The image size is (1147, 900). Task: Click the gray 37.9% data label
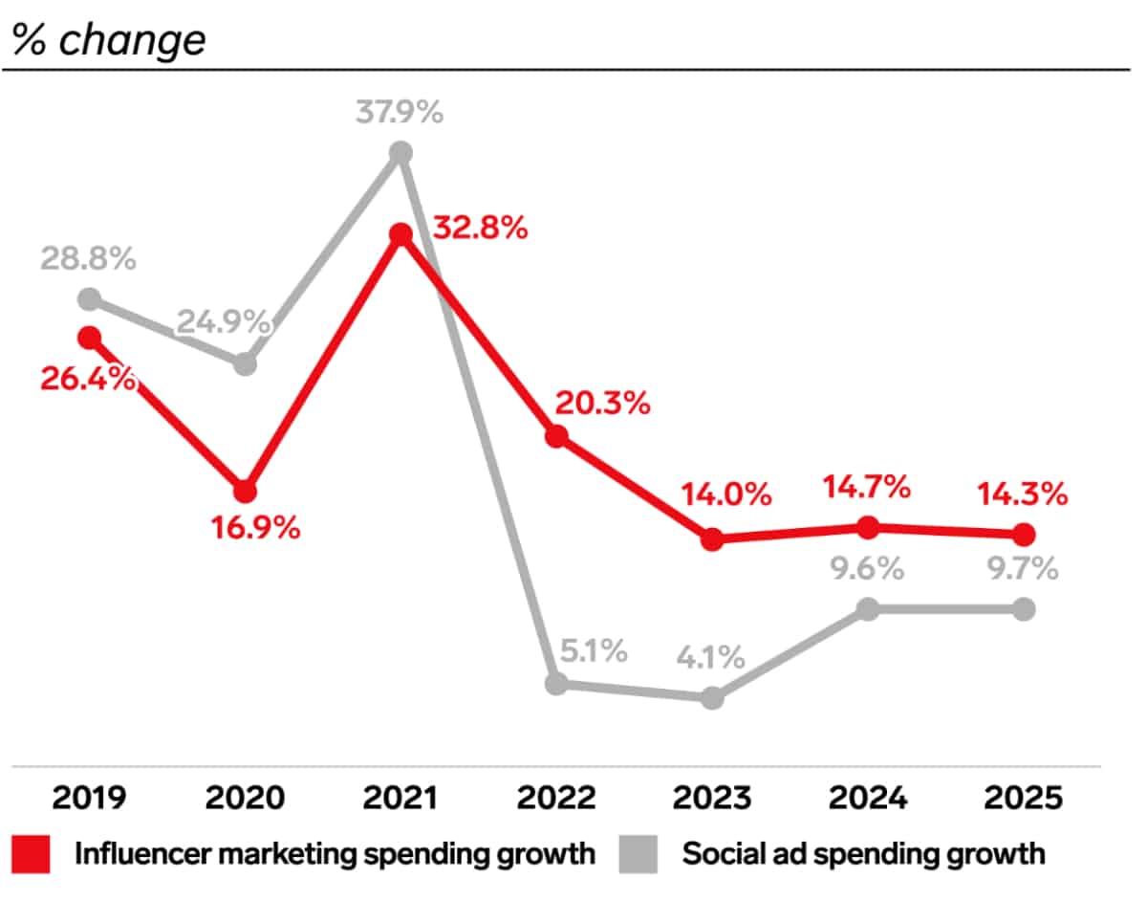[x=400, y=114]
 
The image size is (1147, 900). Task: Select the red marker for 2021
[x=401, y=234]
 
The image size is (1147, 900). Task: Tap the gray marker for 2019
[x=89, y=299]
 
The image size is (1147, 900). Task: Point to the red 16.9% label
[x=253, y=527]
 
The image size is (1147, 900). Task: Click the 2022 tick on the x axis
[x=556, y=798]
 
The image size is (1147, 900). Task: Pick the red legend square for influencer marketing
[x=33, y=853]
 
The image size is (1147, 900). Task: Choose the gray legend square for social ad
[x=639, y=853]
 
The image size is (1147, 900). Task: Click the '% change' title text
[x=109, y=40]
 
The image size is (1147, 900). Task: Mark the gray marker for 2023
[x=711, y=698]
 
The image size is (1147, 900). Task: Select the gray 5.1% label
[x=581, y=653]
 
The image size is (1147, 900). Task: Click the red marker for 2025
[x=1023, y=534]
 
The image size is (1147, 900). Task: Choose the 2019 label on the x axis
[x=89, y=798]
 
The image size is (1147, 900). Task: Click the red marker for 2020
[x=246, y=491]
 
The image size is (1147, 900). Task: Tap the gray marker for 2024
[x=867, y=608]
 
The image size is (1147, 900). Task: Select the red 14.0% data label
[x=725, y=494]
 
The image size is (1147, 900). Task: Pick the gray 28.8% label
[x=89, y=258]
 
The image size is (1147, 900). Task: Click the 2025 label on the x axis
[x=1023, y=798]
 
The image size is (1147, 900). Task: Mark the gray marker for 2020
[x=246, y=363]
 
